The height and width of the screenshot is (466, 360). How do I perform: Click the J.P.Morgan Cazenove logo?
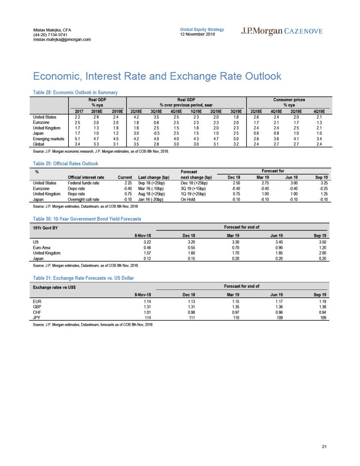point(281,31)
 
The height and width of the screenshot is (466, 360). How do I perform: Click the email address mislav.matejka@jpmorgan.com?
point(62,40)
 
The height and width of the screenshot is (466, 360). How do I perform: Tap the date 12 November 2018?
point(197,34)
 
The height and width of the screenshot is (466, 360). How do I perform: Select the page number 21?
point(324,447)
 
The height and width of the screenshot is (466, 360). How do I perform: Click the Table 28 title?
point(75,92)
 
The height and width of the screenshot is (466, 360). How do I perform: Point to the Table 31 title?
point(83,278)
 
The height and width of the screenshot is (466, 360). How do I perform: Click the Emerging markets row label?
point(49,139)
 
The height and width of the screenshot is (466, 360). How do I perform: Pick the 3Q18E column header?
point(156,112)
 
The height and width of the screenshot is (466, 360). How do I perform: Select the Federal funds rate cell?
point(83,183)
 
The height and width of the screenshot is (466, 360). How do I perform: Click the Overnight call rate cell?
point(83,199)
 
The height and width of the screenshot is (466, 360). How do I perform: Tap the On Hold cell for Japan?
point(188,199)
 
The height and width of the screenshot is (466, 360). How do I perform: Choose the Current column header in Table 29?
point(125,177)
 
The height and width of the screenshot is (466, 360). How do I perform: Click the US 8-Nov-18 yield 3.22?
point(147,242)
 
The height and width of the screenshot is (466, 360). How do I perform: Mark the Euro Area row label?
point(41,248)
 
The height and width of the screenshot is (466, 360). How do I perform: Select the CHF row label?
point(37,312)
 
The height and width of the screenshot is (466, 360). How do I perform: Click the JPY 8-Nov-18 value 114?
point(148,318)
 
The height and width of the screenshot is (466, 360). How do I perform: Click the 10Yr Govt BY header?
point(45,228)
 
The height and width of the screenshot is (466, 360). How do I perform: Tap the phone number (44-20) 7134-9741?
point(50,35)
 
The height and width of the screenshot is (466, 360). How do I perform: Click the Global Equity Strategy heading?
point(202,30)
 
